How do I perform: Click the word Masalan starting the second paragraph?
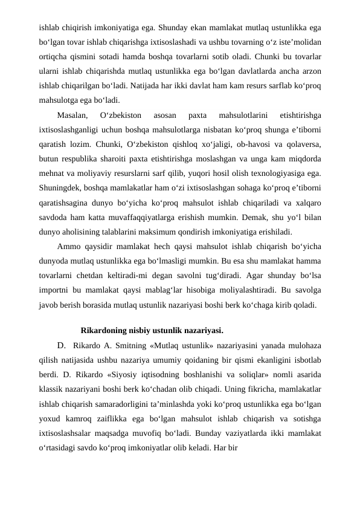72,114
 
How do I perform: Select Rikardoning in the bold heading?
103,331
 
